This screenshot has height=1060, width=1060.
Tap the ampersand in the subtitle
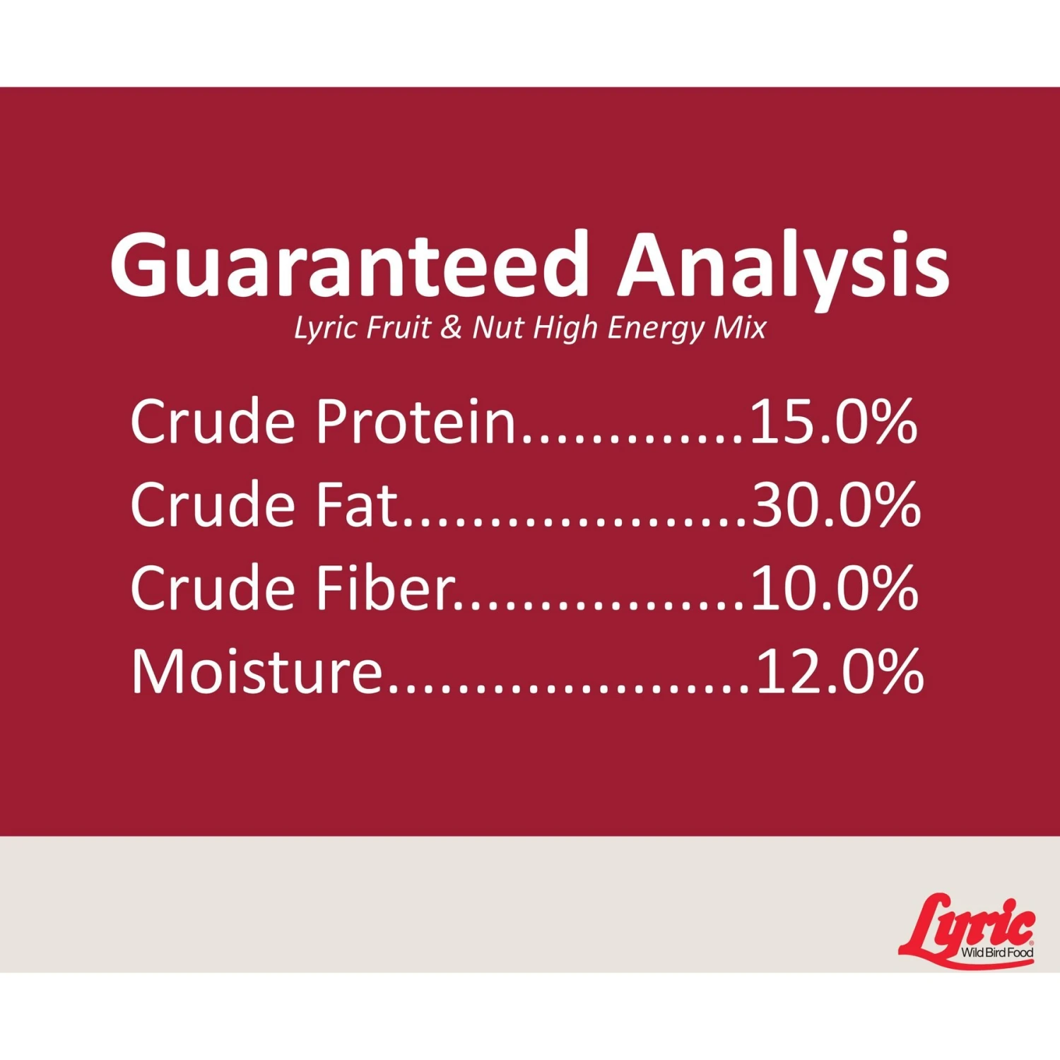click(451, 327)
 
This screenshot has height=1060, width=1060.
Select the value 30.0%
click(837, 505)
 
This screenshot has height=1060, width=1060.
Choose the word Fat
click(357, 505)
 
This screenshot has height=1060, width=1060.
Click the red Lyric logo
click(967, 930)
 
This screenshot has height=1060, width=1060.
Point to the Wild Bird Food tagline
click(997, 953)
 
